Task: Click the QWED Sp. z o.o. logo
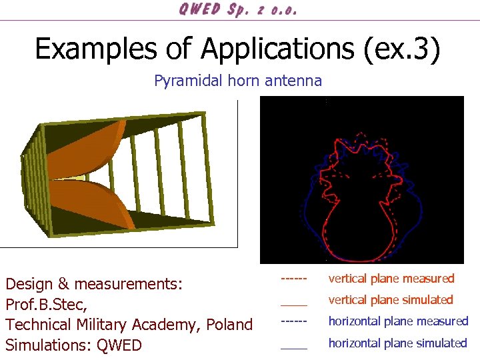237,9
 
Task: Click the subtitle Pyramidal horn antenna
238,81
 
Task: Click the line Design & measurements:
93,285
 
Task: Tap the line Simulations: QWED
73,345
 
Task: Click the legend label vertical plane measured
391,279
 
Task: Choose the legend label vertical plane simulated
390,300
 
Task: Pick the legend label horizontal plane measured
398,321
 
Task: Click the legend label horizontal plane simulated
397,343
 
